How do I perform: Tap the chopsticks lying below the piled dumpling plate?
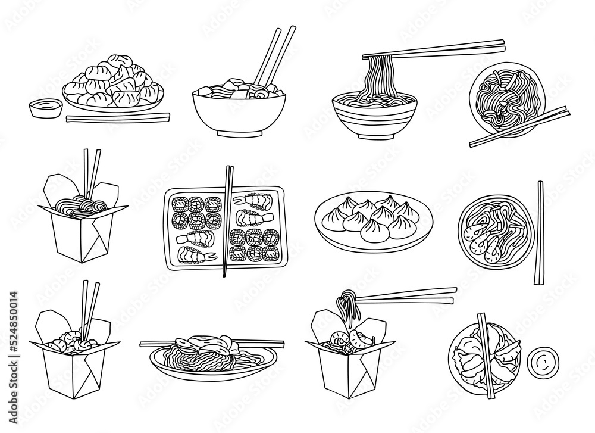(x=117, y=117)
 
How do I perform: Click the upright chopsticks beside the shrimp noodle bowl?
(x=540, y=232)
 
